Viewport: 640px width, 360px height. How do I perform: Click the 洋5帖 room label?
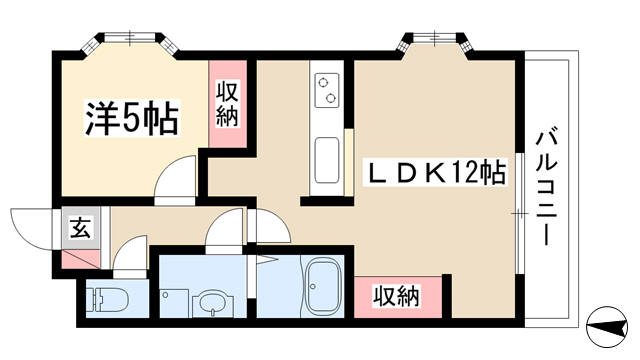(x=131, y=117)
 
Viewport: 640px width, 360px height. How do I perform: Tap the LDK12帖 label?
(x=436, y=172)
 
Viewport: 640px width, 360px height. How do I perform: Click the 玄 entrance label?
(x=80, y=227)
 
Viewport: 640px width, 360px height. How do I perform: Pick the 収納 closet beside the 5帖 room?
(x=228, y=104)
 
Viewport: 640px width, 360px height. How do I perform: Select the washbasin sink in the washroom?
(x=213, y=303)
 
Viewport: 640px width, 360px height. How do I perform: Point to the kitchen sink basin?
(x=327, y=160)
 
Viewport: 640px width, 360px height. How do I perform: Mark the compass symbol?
(x=607, y=327)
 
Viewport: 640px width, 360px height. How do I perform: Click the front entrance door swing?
(x=32, y=229)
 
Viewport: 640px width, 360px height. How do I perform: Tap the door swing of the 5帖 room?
(x=175, y=180)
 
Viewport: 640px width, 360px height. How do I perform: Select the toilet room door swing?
(x=129, y=252)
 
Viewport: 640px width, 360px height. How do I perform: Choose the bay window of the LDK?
(x=436, y=42)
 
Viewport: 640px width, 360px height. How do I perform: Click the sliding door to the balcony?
(x=519, y=213)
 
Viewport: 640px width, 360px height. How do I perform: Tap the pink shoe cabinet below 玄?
(x=80, y=259)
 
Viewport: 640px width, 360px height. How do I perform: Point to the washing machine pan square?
(x=174, y=303)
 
